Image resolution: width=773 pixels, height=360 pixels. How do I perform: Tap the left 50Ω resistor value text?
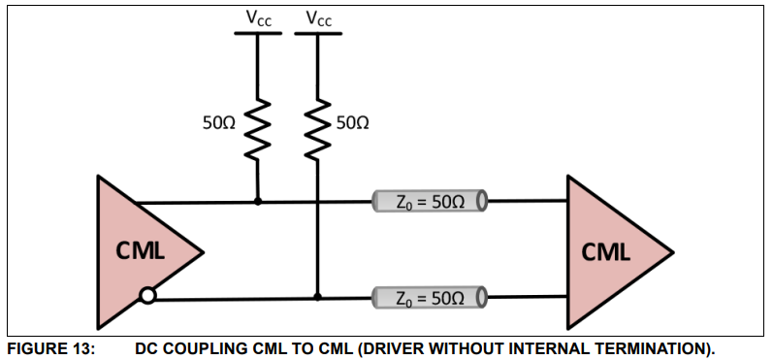tap(219, 123)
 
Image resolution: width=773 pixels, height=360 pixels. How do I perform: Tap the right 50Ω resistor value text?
tap(351, 123)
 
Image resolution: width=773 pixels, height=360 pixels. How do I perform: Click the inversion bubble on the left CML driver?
tap(146, 295)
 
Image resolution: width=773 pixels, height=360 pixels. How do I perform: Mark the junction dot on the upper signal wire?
tap(258, 202)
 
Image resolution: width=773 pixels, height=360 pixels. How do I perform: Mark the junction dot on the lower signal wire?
tap(317, 298)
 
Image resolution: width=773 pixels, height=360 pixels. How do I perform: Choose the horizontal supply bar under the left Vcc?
tap(258, 33)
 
